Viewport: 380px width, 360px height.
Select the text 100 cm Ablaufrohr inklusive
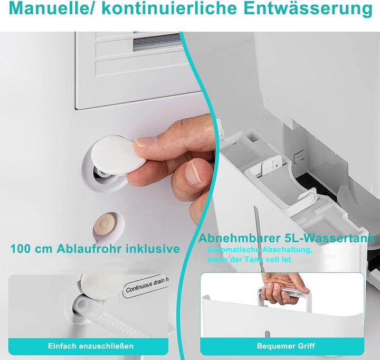coord(95,249)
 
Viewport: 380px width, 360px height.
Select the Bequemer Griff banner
coord(286,346)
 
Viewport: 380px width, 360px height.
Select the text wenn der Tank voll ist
coord(249,259)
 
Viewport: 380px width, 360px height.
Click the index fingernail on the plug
coord(146,142)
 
